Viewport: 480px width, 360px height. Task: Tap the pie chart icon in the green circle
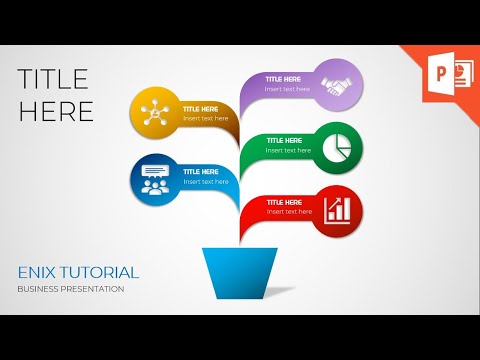click(x=337, y=147)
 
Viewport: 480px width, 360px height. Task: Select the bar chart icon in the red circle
click(x=337, y=210)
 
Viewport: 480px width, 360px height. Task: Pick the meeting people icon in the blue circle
click(x=155, y=179)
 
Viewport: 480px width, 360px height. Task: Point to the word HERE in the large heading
click(x=56, y=111)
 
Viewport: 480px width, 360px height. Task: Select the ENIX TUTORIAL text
click(x=78, y=272)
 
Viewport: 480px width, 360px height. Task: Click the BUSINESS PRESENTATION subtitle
click(x=70, y=289)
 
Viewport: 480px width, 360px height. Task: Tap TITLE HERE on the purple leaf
click(x=284, y=78)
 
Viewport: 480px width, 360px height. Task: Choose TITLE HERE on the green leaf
click(x=284, y=141)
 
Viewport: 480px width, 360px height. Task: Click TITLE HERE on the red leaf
click(x=284, y=203)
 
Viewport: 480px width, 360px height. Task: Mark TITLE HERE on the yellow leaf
click(x=201, y=108)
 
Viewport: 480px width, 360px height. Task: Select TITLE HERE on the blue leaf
click(x=201, y=171)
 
